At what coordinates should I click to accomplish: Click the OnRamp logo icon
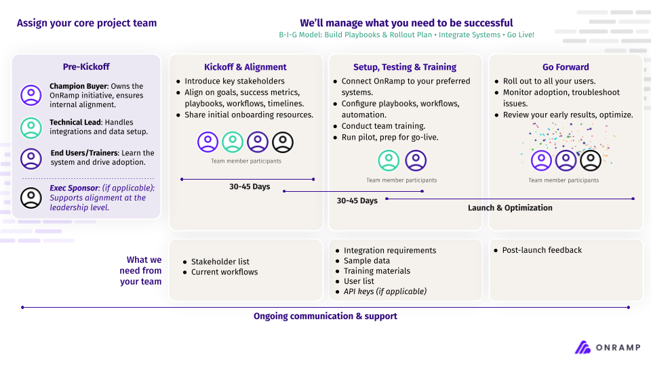pos(583,347)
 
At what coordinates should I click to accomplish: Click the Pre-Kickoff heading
pos(86,66)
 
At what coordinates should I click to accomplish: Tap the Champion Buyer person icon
pos(31,95)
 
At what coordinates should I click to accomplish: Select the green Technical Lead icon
pos(31,127)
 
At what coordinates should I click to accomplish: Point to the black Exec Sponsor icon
pos(31,197)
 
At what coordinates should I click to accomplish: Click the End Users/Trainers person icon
pos(31,159)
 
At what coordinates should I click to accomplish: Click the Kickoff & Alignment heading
pos(245,67)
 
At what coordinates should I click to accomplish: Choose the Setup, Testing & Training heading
pos(405,67)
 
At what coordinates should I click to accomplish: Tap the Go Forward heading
pos(566,67)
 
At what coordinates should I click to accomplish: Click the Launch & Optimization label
pos(510,208)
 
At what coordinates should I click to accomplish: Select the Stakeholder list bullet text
pos(220,262)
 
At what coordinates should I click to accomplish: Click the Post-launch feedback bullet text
pos(542,250)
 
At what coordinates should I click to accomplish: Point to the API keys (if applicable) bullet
pos(385,291)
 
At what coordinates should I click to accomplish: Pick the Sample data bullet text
pos(367,261)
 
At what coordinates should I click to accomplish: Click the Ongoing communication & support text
pos(325,317)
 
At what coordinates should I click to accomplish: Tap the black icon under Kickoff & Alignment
pos(283,142)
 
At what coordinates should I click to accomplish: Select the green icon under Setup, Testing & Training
pos(389,161)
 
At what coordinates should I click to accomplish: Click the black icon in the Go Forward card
pos(591,161)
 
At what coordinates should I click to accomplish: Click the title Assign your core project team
pos(87,23)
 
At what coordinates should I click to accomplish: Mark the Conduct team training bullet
pos(384,126)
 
